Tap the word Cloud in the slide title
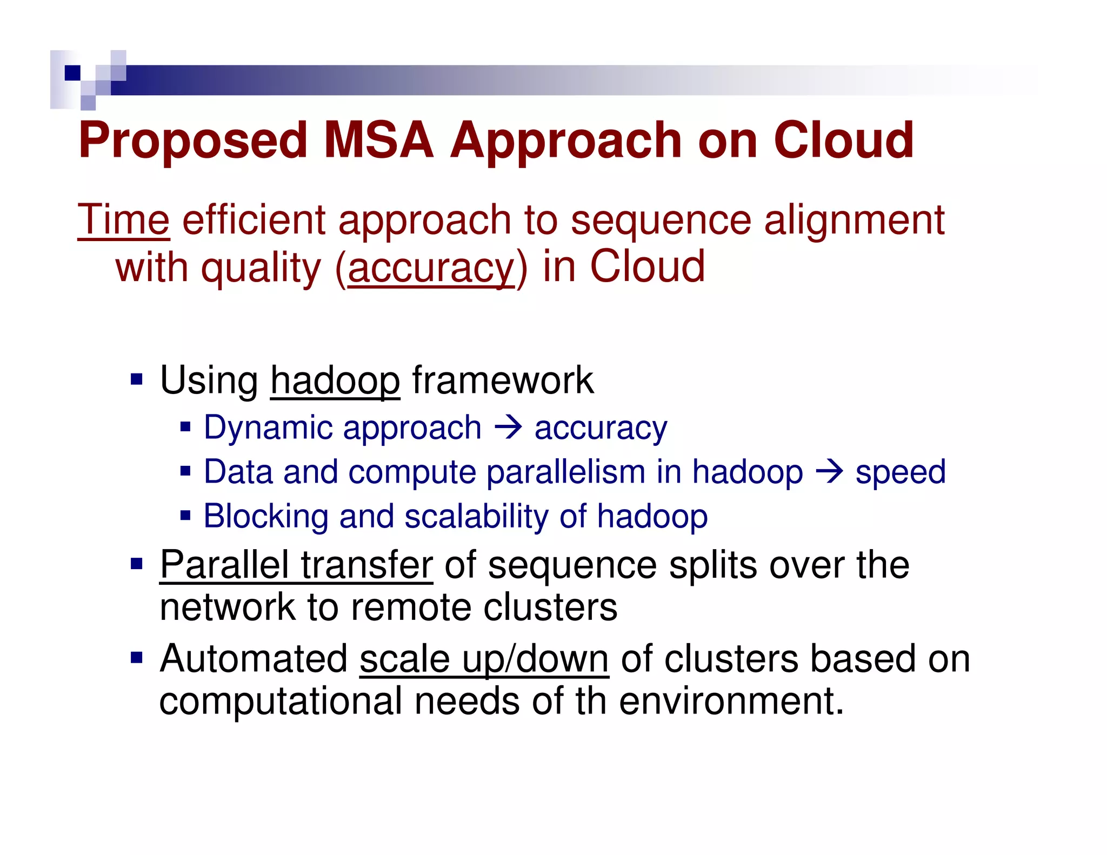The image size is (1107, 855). (x=843, y=141)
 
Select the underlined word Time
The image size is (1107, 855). (x=124, y=220)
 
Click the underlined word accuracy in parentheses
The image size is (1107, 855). (x=431, y=268)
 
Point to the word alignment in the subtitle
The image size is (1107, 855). (x=854, y=220)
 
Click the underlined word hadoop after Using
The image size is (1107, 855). (x=335, y=380)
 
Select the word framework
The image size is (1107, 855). (x=503, y=380)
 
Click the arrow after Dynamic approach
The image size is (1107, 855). (x=508, y=427)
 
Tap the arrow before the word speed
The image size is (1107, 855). (x=829, y=472)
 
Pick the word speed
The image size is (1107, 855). (x=901, y=472)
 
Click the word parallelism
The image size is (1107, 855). (x=566, y=472)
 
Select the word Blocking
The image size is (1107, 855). (x=266, y=516)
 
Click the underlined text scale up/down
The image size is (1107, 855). (x=484, y=659)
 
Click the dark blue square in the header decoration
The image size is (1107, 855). (x=72, y=72)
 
